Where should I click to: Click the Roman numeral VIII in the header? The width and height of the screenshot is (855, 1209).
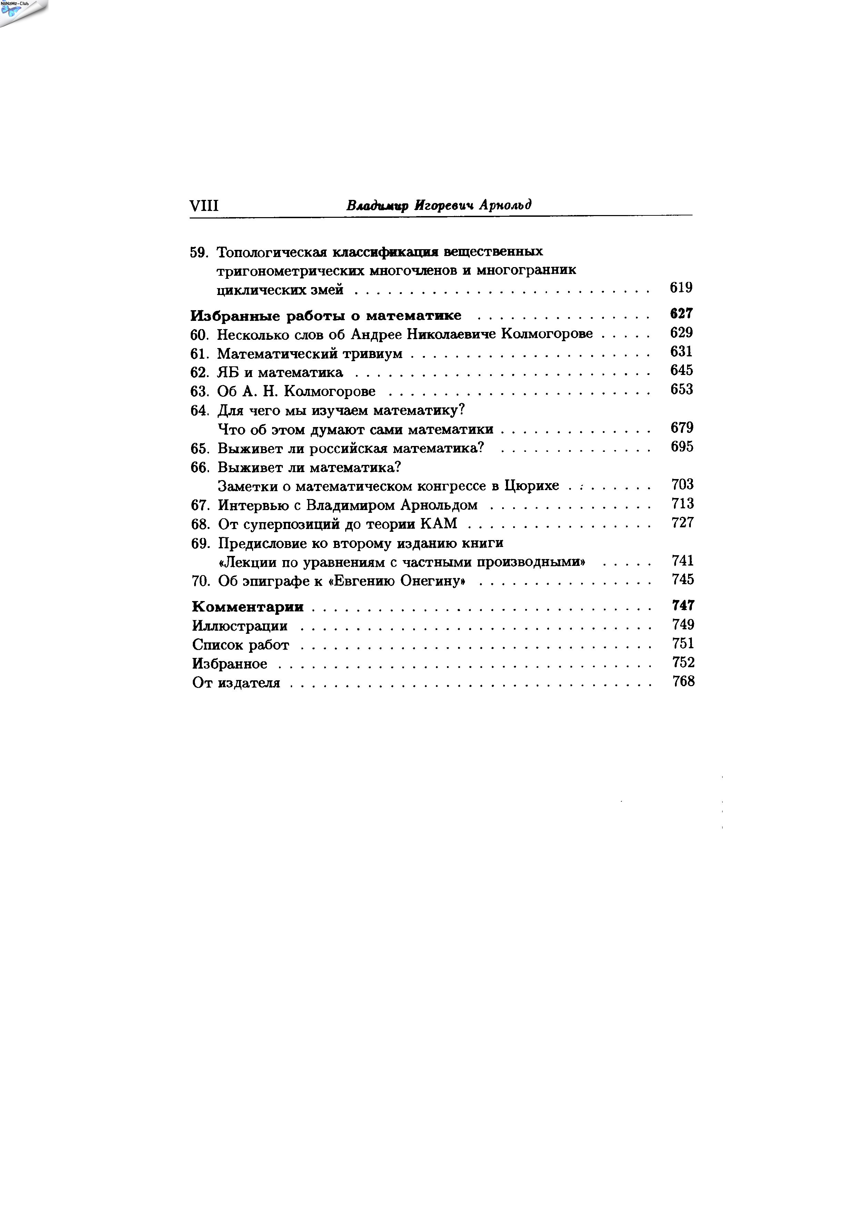click(x=203, y=205)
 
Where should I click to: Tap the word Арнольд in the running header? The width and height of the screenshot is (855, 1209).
click(x=505, y=205)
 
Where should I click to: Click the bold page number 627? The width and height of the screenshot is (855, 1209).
click(x=681, y=314)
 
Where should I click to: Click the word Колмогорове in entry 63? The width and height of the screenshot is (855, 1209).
click(x=330, y=391)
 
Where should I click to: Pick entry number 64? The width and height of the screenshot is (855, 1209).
click(x=200, y=410)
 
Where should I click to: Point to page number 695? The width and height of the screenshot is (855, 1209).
click(x=682, y=447)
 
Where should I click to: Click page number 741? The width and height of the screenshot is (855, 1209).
click(x=683, y=560)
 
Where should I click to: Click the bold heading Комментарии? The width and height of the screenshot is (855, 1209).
click(x=248, y=607)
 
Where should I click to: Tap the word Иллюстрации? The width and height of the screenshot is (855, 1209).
click(x=240, y=626)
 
